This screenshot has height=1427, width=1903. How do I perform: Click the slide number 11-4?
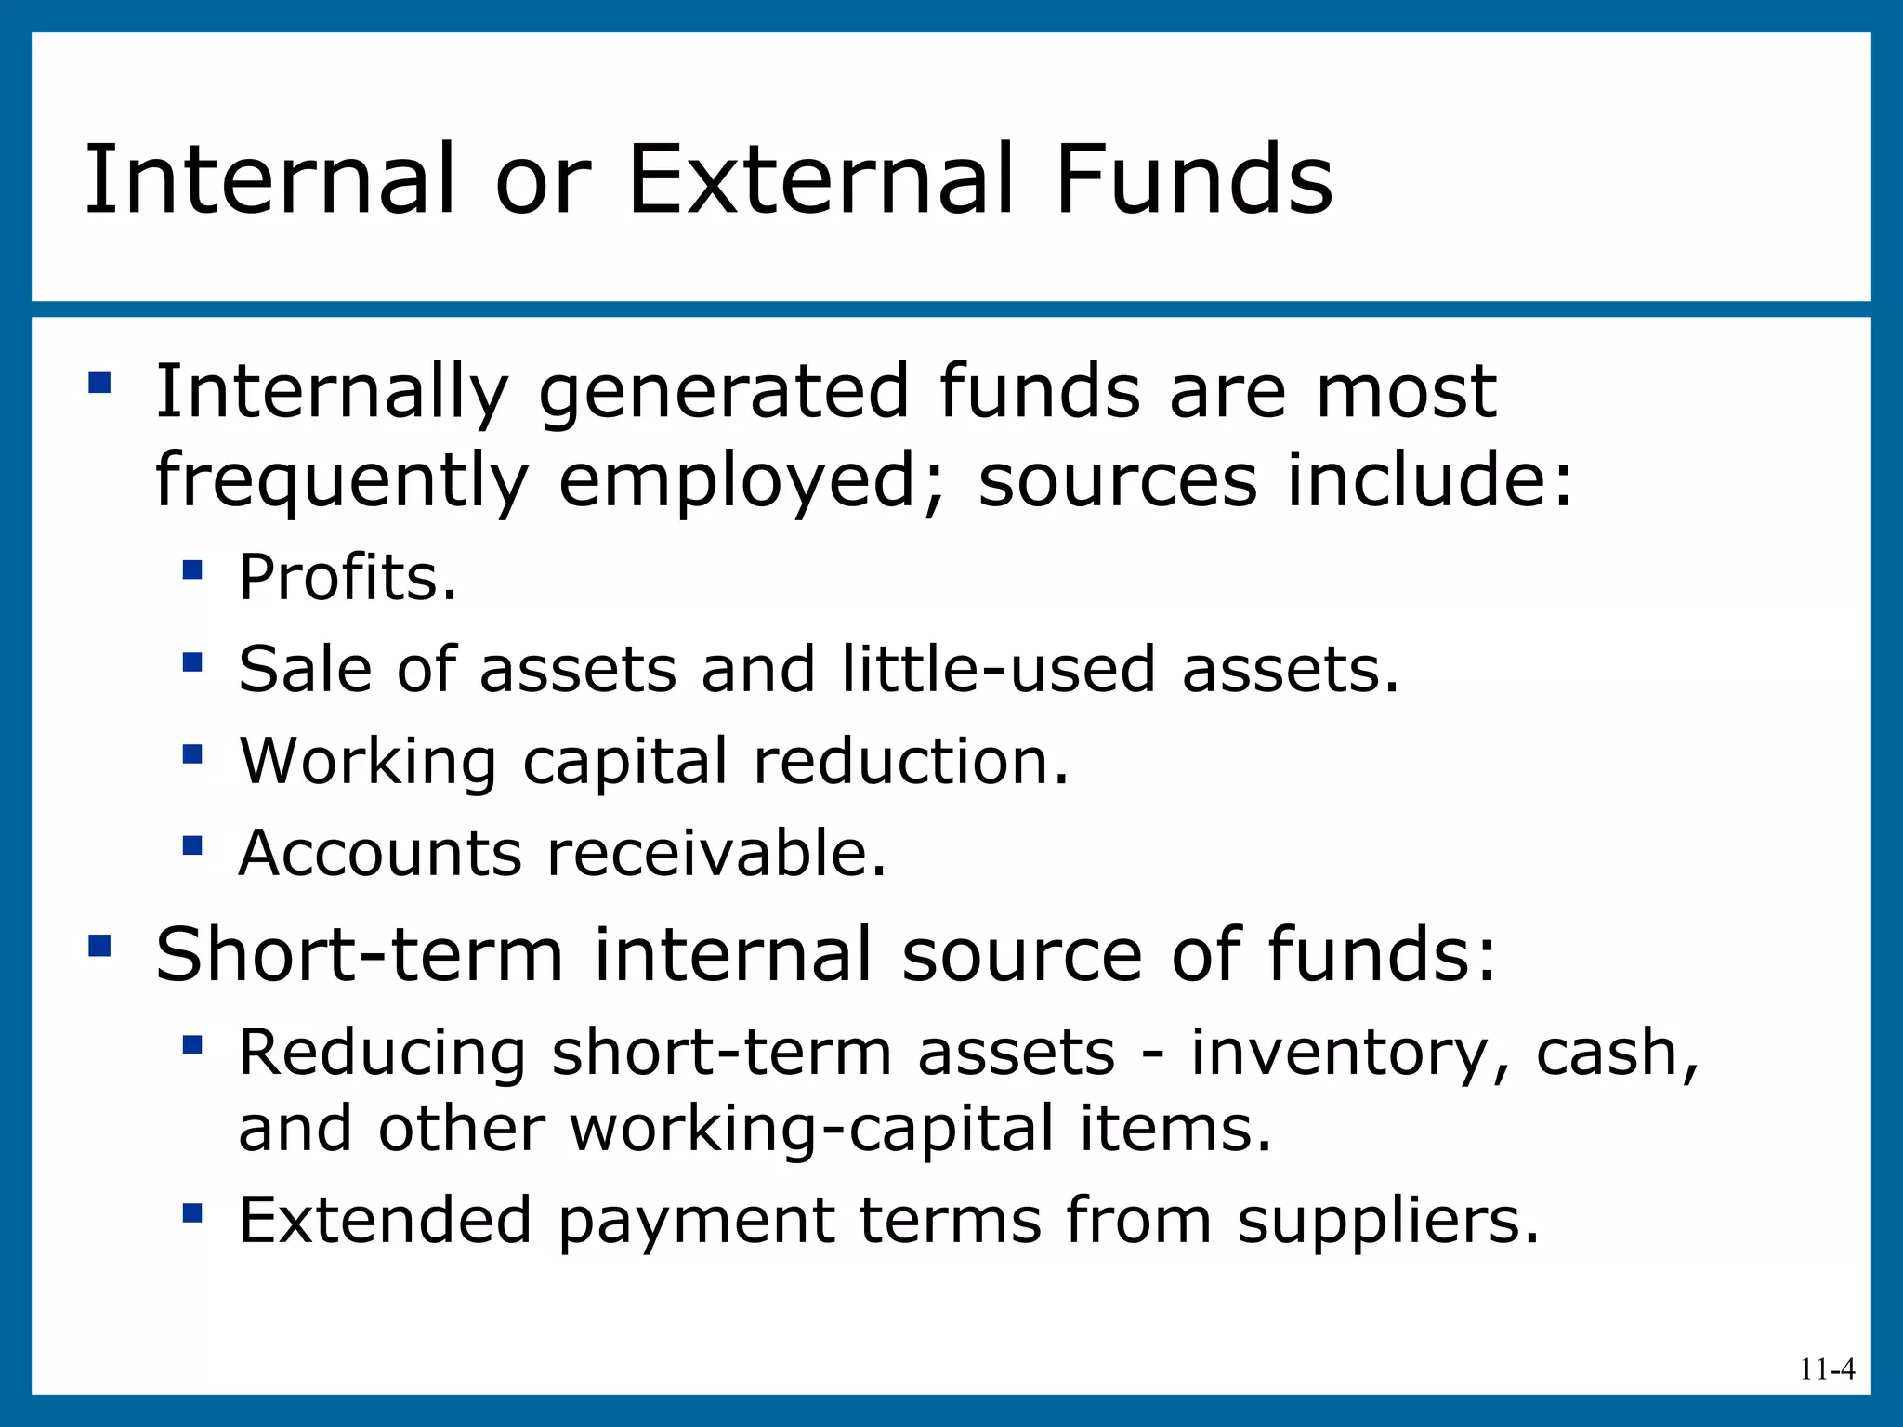(x=1827, y=1368)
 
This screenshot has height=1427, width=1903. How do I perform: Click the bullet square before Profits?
(x=192, y=569)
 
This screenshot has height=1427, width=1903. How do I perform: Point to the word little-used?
(x=998, y=669)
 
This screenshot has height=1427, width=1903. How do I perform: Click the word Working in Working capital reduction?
(x=368, y=762)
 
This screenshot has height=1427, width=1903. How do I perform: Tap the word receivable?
(x=716, y=853)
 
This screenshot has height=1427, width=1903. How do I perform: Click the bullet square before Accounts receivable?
(x=192, y=845)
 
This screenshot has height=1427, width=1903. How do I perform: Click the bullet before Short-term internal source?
(x=99, y=946)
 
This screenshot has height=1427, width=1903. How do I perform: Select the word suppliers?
(x=1388, y=1221)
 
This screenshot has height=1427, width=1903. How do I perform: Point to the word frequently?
(x=341, y=481)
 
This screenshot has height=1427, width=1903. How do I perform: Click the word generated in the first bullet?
(x=723, y=392)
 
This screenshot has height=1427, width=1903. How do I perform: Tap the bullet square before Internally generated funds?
(x=99, y=383)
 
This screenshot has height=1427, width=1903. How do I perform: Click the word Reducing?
(x=382, y=1054)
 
